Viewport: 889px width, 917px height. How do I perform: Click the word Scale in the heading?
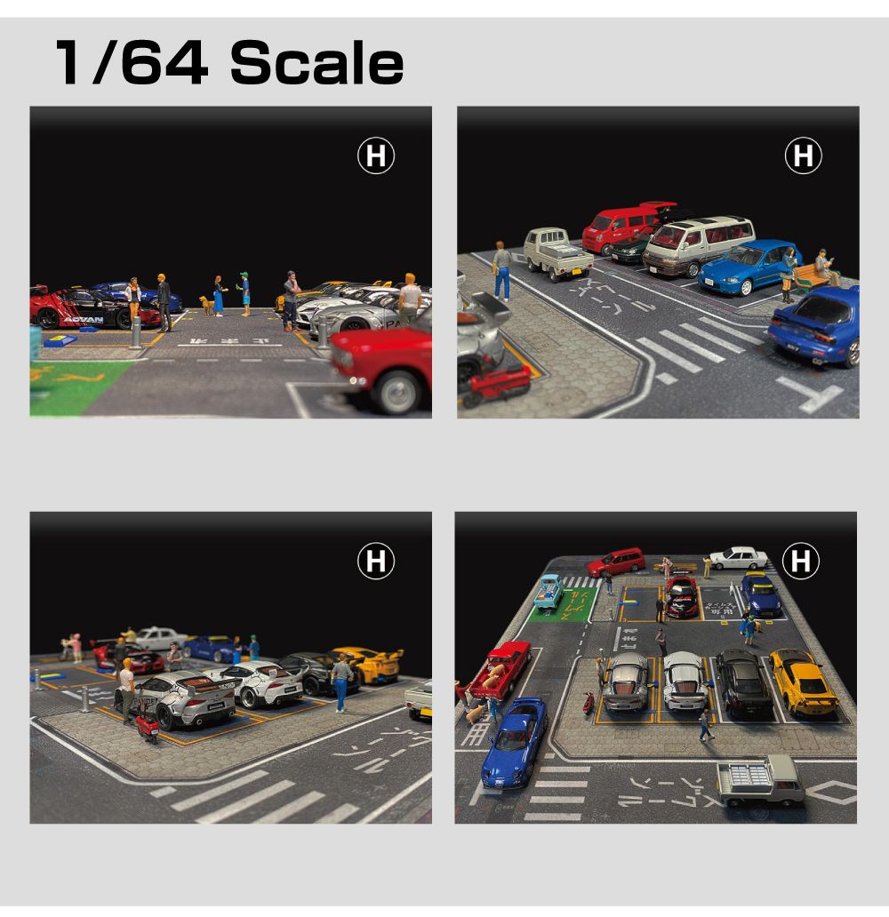coord(316,64)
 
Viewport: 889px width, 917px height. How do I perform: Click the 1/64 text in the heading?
coord(132,64)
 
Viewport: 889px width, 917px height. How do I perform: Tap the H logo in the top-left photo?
coord(375,156)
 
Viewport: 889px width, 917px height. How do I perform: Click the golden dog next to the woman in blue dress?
coord(206,305)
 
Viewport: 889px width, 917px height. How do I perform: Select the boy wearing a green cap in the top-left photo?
coord(244,293)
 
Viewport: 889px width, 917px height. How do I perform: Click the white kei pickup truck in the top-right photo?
coord(557,253)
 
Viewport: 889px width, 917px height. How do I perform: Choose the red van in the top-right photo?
coord(622,227)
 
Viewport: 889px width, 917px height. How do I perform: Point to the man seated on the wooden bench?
coord(823,266)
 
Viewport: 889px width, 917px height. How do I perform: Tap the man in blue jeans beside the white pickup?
coord(503,270)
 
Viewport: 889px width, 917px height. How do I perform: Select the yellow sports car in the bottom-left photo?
coord(367,665)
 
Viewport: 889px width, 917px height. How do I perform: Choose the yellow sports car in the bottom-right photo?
coord(803,682)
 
